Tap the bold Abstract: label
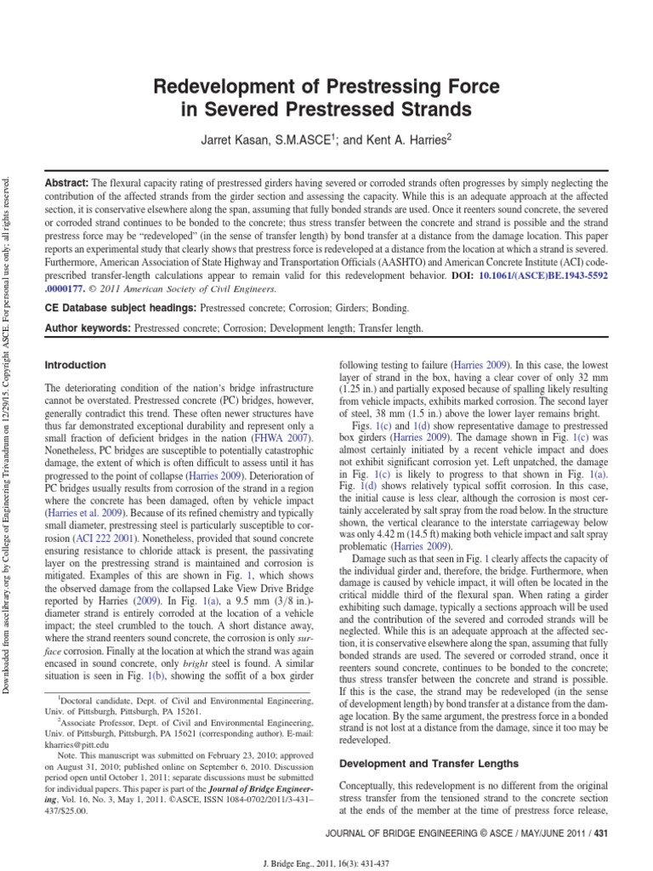pyautogui.click(x=66, y=184)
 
